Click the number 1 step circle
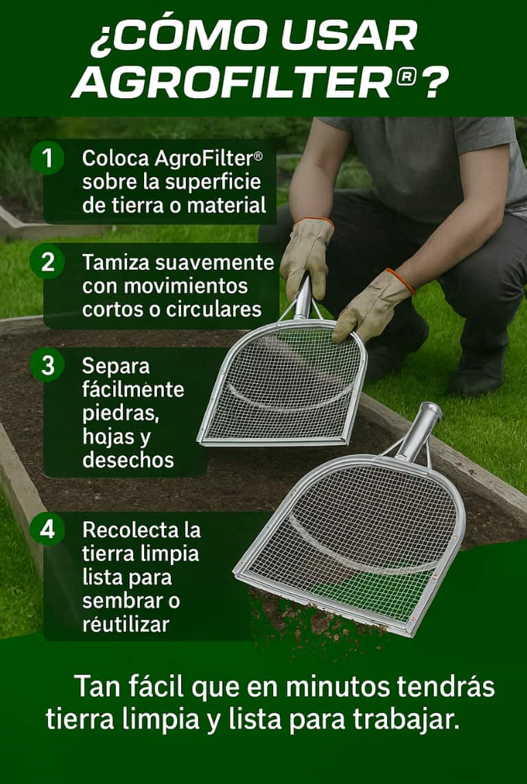pos(47,158)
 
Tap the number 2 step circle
pos(47,262)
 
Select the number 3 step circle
pos(47,365)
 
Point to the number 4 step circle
pos(47,529)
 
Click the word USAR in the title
pos(349,36)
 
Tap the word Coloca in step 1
pos(115,159)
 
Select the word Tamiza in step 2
pos(117,262)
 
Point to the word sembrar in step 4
pos(124,601)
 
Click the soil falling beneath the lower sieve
pos(310,624)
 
